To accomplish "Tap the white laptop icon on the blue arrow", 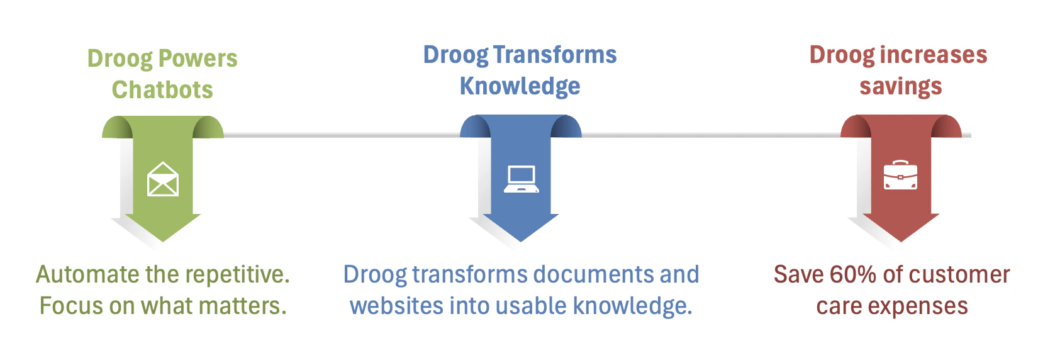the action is [x=522, y=179].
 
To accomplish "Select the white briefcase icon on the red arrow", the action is [x=900, y=175].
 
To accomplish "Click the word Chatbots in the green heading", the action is [x=162, y=89].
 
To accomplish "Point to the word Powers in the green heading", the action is [x=198, y=59].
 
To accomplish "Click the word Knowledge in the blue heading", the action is [x=520, y=87].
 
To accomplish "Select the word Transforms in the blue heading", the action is [x=555, y=55].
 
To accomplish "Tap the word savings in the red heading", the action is [x=901, y=87].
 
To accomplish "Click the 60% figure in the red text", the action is [x=853, y=274].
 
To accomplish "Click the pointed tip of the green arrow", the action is [x=163, y=242].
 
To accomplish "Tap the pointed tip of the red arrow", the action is [x=901, y=242].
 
